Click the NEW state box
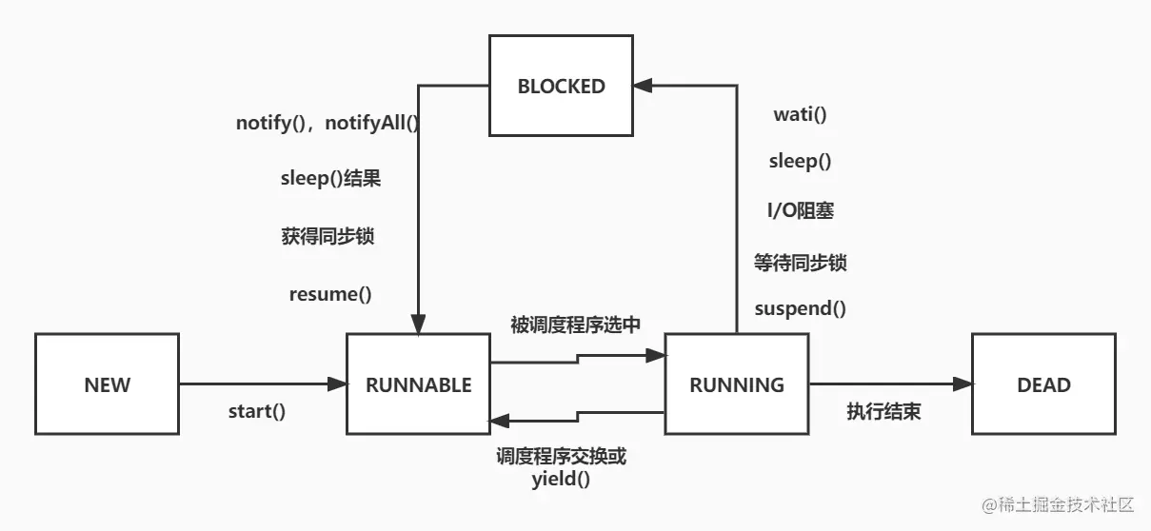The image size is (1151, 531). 107,384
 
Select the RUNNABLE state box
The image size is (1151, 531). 418,384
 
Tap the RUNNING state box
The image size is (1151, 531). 736,384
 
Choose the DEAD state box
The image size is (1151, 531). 1043,384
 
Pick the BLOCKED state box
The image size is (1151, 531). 561,86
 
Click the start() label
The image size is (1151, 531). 256,412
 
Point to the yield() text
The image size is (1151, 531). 561,480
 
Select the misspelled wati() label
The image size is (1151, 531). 800,115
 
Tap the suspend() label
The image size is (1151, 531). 800,308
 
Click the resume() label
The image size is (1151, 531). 329,294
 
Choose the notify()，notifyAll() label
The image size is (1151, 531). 327,124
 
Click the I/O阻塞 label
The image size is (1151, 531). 800,211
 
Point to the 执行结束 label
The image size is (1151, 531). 883,412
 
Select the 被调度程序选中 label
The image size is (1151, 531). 575,324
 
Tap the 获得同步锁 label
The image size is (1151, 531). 327,237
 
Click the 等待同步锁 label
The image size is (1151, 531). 800,263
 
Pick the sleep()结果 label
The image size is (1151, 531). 329,179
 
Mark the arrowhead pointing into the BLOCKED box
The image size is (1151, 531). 644,86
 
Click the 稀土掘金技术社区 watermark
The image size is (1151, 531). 1060,503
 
